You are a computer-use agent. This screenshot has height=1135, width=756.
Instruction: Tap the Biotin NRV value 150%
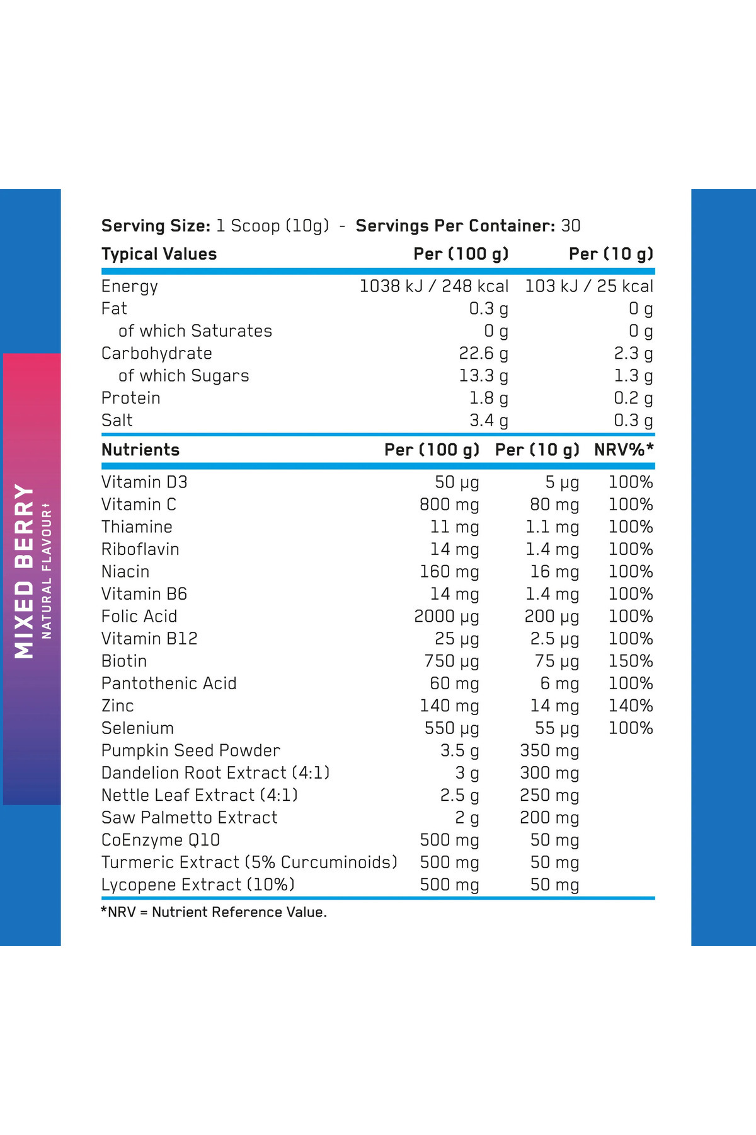tap(630, 661)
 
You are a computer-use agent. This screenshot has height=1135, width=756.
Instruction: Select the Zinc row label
tap(118, 706)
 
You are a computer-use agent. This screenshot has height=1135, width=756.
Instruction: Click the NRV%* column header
tap(624, 450)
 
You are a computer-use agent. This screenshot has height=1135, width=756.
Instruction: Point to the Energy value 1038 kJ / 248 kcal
tap(433, 286)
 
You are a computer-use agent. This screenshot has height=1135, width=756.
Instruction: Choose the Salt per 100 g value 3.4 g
tap(488, 421)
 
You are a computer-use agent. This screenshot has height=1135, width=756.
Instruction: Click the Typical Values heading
tap(159, 254)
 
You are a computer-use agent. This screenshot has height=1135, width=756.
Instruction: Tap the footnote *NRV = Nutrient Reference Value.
tap(214, 912)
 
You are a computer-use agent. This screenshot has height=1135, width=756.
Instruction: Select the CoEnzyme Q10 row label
tap(161, 840)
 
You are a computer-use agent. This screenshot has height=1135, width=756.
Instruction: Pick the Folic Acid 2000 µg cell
tap(446, 616)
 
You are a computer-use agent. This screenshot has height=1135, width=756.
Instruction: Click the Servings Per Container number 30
tap(571, 226)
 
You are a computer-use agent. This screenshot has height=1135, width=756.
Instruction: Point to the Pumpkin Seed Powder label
tap(190, 750)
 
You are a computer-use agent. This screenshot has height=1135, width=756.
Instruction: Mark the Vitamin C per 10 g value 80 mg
tap(554, 504)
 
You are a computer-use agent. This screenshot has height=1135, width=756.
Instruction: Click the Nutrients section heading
tap(140, 450)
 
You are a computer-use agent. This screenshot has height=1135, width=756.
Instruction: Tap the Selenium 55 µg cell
tap(556, 728)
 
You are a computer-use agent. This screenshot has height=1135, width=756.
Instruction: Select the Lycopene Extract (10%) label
tap(198, 885)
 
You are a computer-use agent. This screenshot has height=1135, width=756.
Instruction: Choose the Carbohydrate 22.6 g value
tap(483, 353)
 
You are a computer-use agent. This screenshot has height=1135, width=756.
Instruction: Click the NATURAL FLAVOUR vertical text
tap(47, 571)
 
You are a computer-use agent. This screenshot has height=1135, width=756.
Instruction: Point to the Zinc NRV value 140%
tap(630, 706)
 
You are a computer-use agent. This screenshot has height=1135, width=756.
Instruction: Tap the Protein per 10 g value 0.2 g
tap(633, 398)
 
